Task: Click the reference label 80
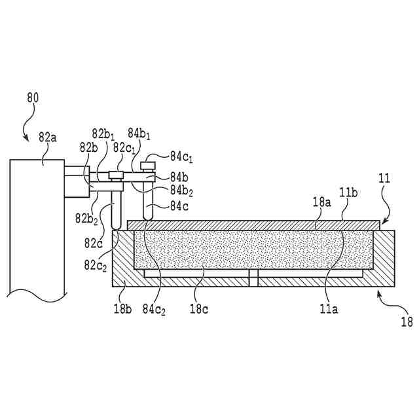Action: [33, 98]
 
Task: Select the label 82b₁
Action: [105, 134]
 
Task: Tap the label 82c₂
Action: [96, 264]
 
